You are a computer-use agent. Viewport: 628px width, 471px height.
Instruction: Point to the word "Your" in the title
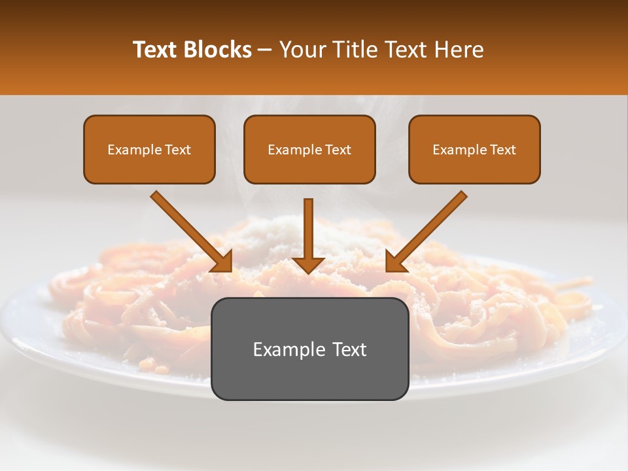(x=300, y=50)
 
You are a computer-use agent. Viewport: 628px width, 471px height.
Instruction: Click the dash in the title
(x=265, y=50)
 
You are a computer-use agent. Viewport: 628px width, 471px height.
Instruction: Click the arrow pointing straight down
(x=308, y=235)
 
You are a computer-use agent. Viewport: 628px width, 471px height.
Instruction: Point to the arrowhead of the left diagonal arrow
(x=222, y=262)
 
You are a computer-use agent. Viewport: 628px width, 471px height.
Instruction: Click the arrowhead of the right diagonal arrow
(x=395, y=262)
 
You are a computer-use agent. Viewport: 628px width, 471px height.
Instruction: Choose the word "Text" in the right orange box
(x=503, y=150)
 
